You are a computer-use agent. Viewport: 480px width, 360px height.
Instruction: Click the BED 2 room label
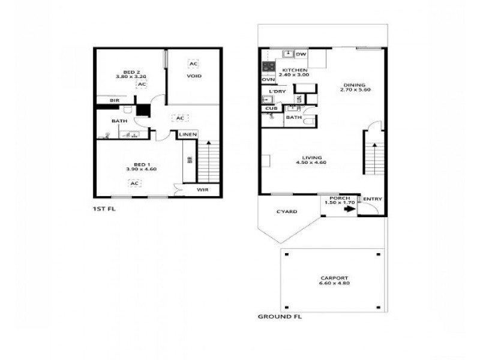(128, 71)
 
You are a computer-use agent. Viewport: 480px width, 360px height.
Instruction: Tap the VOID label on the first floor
(194, 76)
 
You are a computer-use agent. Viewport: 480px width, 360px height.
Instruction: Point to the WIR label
(203, 190)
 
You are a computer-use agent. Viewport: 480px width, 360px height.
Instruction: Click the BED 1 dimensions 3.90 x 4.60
(141, 169)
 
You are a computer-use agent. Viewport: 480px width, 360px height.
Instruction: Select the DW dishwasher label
(301, 55)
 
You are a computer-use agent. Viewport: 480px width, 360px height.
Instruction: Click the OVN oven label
(268, 79)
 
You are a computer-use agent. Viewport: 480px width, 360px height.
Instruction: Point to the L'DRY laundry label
(277, 91)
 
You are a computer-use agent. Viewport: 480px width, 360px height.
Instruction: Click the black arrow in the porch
(347, 209)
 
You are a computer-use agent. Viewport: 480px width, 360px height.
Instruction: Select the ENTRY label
(372, 199)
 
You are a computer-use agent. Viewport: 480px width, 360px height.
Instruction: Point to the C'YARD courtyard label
(287, 212)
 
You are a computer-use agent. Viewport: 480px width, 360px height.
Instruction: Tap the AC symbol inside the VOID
(193, 64)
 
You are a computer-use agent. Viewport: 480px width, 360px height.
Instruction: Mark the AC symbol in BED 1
(136, 183)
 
